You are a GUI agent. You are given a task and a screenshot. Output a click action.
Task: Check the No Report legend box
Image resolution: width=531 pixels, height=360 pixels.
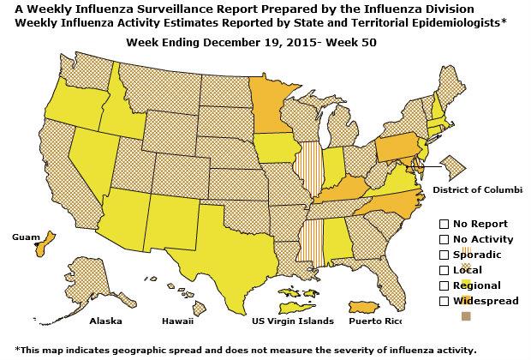(444, 224)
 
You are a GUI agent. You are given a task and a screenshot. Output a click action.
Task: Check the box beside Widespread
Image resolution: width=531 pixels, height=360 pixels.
(444, 301)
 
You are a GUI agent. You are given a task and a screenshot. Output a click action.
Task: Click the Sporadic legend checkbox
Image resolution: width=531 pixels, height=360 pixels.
(444, 255)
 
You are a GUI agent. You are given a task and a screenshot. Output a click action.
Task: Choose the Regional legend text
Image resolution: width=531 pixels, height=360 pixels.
(477, 285)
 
